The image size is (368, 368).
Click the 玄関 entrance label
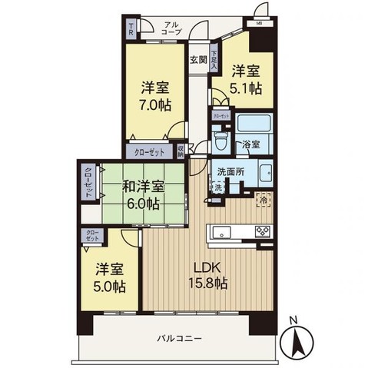tap(198, 59)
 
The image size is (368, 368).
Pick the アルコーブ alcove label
tap(171, 28)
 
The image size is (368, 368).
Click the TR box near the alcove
tap(131, 30)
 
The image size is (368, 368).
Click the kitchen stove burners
tap(262, 230)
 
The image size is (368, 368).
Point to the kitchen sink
tap(224, 230)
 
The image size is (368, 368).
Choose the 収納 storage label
tap(180, 151)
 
